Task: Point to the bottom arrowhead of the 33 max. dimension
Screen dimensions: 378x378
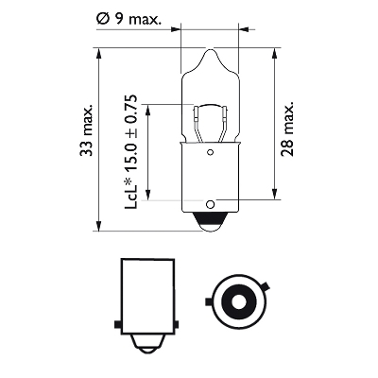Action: coord(98,226)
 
